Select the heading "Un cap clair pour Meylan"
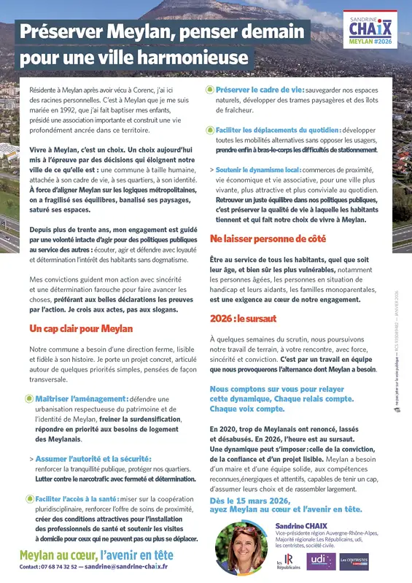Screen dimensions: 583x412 coord(81,329)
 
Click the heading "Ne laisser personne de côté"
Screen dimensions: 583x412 coord(268,239)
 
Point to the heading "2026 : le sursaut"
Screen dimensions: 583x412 coord(244,318)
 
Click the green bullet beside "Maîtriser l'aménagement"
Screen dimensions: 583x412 coord(29,398)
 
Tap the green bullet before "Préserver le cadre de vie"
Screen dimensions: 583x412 coord(210,89)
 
